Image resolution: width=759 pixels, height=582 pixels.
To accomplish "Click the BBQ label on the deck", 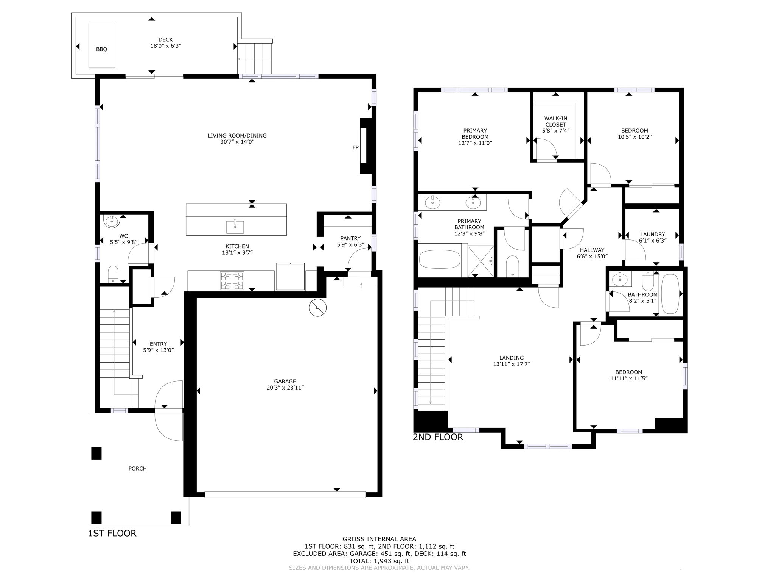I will [101, 49].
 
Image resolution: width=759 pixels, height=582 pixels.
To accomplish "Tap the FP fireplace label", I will [355, 147].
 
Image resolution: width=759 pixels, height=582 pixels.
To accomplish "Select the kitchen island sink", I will [235, 227].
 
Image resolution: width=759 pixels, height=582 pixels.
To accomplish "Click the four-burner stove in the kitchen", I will [232, 281].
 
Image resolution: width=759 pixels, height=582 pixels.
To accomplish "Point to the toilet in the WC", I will [113, 274].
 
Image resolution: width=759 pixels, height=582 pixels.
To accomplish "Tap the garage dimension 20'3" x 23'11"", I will [285, 388].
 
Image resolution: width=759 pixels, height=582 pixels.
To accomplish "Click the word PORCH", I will [137, 469].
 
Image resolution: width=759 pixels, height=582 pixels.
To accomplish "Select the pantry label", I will [350, 238].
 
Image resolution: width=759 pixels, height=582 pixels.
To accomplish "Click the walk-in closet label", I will [556, 121].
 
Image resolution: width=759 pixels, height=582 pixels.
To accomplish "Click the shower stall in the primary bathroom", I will [481, 261].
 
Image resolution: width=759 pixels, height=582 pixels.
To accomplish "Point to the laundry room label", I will [653, 234].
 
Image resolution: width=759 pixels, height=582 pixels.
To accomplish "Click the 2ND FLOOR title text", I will [438, 437].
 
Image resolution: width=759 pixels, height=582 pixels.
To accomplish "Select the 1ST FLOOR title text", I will [112, 533].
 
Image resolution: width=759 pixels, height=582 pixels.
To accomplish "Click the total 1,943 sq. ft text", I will [379, 561].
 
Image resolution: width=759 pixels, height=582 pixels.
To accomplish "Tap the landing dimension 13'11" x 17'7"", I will [511, 364].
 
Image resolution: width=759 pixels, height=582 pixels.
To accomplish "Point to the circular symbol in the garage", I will [317, 308].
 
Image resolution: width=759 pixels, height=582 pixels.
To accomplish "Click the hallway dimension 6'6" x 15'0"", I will [592, 256].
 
